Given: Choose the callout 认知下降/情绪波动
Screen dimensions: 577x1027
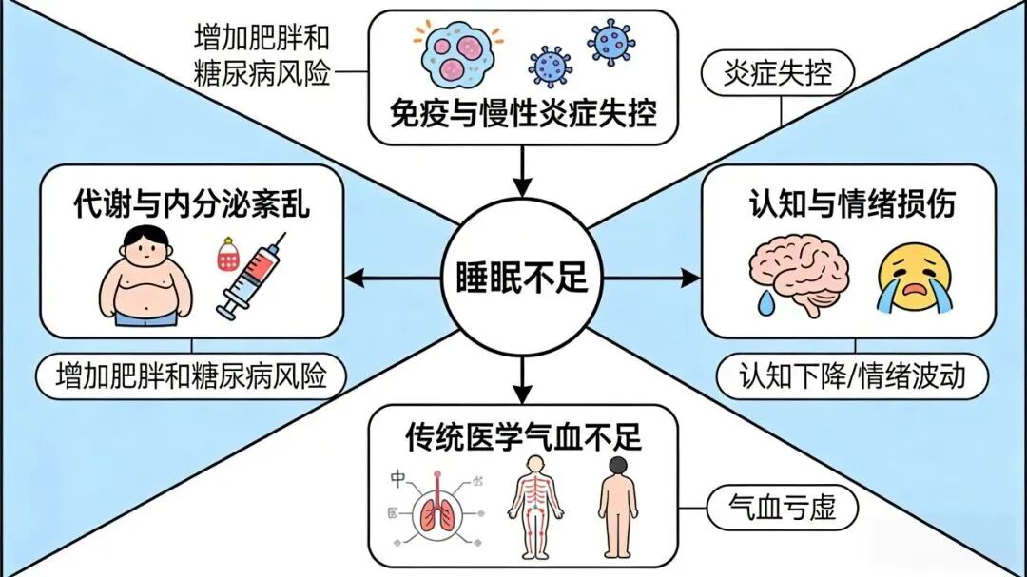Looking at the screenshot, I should point(852,377).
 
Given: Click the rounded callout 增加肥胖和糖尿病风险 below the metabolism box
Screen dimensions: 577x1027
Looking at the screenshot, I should point(190,377).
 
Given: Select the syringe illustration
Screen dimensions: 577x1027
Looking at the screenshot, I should point(250,279).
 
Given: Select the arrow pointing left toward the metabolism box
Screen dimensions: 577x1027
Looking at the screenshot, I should point(390,279).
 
